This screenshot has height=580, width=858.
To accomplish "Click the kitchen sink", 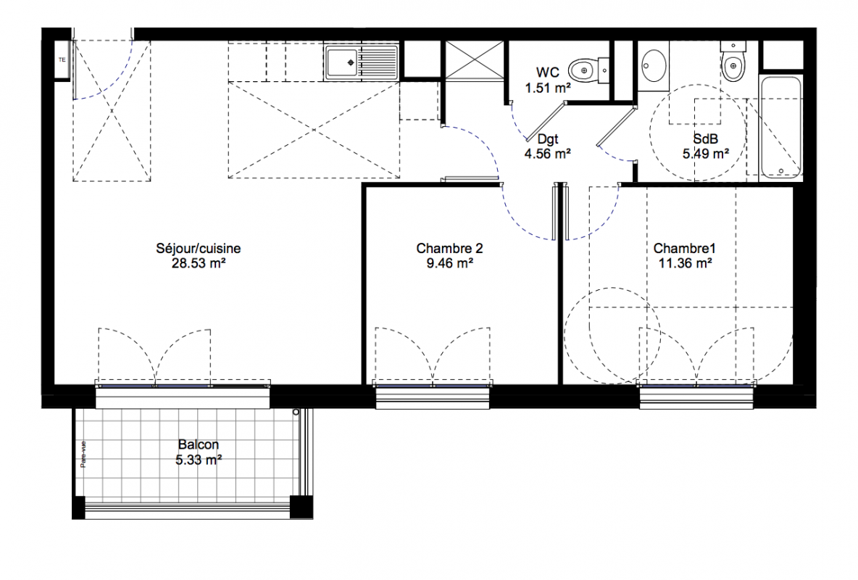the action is point(362,62).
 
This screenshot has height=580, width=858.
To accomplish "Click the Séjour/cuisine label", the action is point(198,249).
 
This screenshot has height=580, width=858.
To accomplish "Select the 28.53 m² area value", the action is point(199,263).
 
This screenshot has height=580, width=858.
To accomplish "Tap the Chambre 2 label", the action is point(449,249).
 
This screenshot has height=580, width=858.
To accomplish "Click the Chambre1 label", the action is point(685,249).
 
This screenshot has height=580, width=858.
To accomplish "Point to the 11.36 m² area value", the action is point(685,263).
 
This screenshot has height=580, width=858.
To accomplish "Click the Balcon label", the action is point(198,444).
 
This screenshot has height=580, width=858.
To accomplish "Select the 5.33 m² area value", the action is point(198,460).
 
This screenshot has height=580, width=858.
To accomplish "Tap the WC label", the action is point(547,72).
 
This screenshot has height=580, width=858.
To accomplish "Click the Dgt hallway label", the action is point(547,139).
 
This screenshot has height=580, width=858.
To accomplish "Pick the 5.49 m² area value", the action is point(705,154).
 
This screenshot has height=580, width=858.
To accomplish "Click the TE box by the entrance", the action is point(62,59).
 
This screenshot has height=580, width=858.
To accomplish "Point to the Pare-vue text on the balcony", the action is point(83,455).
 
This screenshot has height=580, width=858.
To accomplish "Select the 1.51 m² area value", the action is point(549,88).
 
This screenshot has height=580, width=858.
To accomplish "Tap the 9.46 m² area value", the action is point(450,263).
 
